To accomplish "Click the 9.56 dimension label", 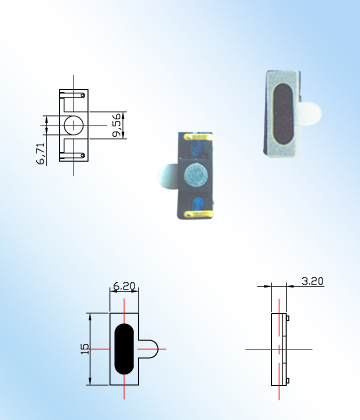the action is [x=117, y=125].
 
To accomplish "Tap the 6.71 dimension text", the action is [x=41, y=154].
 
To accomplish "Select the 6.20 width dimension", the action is [x=124, y=286].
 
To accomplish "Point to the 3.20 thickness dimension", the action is [x=312, y=281].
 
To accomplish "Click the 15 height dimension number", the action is [x=85, y=349].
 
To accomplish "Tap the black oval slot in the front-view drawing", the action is [x=124, y=348].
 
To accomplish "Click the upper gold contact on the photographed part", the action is [x=197, y=136].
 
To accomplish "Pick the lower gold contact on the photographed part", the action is [x=198, y=214].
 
